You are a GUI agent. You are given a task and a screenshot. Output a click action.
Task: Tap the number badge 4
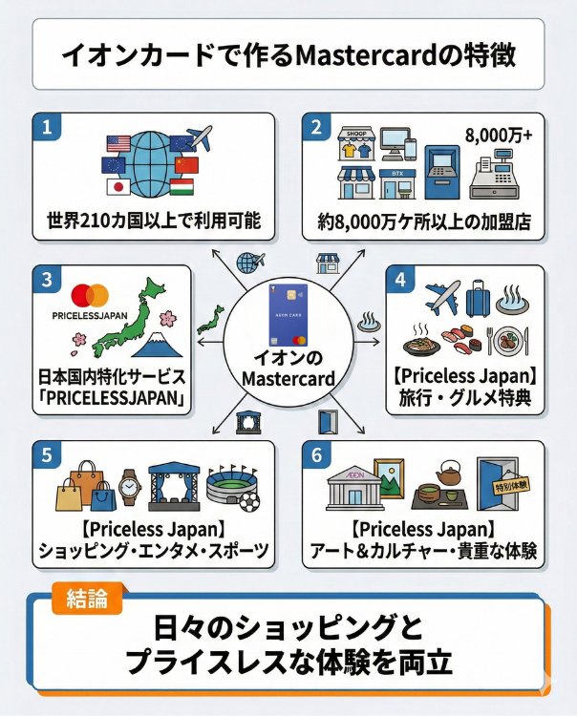398,279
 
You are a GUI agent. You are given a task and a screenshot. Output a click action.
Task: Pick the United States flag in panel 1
118,144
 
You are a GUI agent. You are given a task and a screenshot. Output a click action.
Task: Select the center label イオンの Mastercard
288,370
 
